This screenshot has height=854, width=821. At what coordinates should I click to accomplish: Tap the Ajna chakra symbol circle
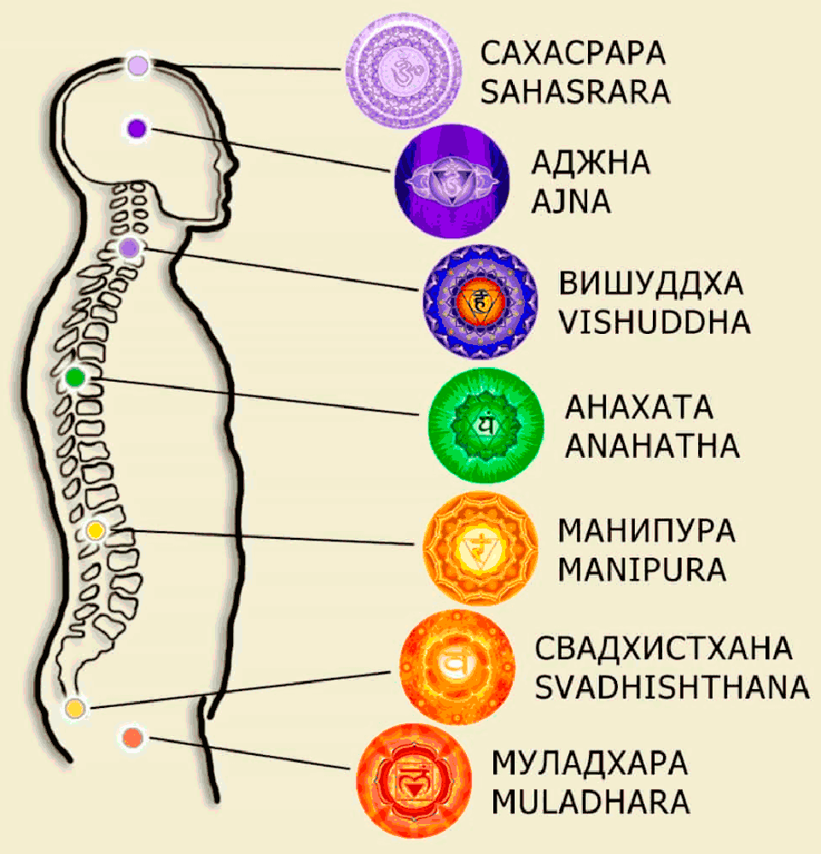451,181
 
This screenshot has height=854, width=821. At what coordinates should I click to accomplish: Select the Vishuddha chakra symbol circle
480,301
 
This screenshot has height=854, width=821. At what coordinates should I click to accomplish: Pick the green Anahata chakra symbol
485,424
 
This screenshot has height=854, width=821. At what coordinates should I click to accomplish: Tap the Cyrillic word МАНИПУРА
646,531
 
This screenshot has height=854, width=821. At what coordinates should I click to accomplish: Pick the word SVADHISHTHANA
672,687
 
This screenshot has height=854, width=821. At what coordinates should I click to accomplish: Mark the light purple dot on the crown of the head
138,65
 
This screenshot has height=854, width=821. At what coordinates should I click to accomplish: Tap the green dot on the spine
75,377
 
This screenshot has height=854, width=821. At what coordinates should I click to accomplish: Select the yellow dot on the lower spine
95,531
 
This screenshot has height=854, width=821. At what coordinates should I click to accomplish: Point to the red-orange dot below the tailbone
131,737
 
